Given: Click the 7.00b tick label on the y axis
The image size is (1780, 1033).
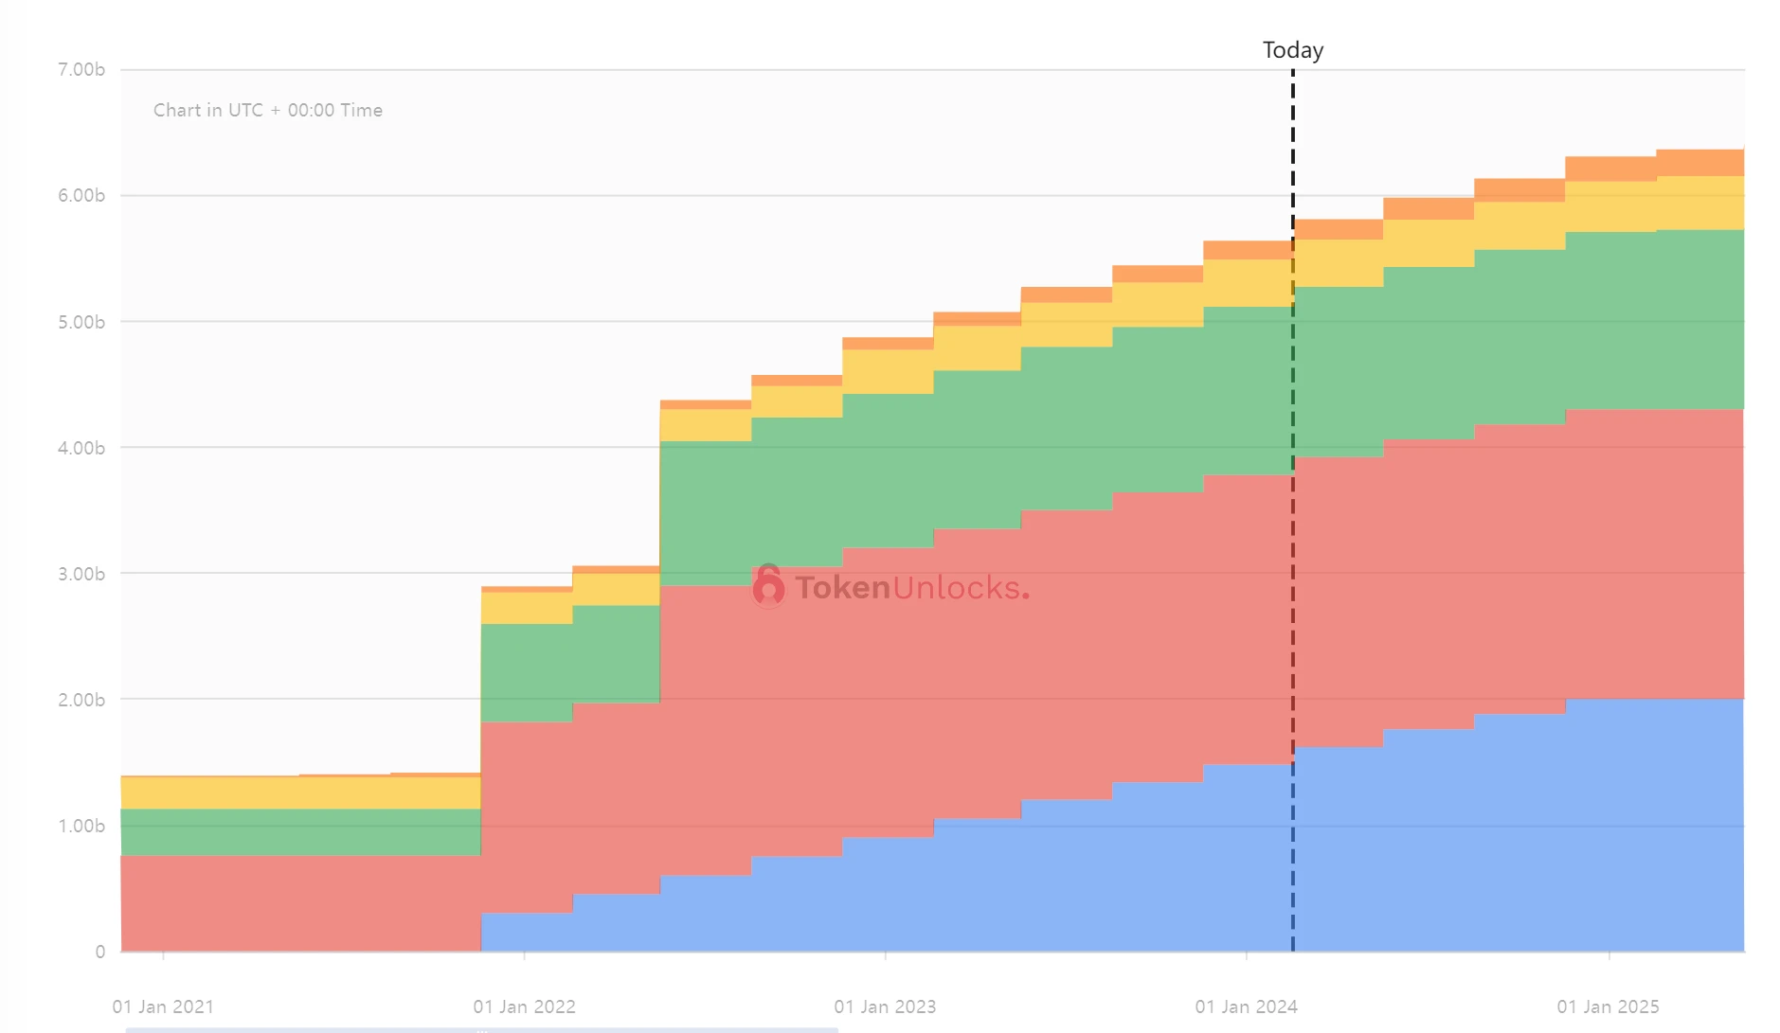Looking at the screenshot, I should tap(81, 69).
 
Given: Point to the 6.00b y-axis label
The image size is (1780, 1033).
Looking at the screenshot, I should tap(81, 195).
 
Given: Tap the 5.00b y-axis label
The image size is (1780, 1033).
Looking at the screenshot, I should tap(81, 322).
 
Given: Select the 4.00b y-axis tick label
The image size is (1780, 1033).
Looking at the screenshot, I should tap(81, 448).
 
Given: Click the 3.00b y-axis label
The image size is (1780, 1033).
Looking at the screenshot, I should tap(81, 574).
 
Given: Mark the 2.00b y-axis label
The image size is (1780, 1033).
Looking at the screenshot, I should tap(81, 700).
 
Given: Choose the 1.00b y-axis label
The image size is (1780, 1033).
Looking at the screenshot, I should tap(81, 826).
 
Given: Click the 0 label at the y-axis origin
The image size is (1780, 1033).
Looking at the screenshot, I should tap(99, 952).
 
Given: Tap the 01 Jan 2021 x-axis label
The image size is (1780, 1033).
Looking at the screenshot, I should tap(163, 1006).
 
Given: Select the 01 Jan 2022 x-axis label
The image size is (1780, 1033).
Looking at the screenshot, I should tap(524, 1006).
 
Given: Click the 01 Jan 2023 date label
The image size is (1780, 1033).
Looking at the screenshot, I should tap(885, 1006).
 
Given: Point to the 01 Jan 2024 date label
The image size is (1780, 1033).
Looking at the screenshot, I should tap(1246, 1006).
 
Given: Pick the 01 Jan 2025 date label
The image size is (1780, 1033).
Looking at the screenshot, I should tap(1608, 1006).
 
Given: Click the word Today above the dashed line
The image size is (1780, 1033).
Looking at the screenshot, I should tap(1292, 50).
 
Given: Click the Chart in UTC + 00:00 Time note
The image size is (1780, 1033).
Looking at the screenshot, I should tap(268, 110).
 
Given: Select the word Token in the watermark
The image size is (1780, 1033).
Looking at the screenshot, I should tap(842, 588).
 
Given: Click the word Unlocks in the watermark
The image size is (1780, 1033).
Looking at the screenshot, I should tap(957, 588).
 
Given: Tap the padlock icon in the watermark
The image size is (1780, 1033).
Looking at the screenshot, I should tap(768, 586).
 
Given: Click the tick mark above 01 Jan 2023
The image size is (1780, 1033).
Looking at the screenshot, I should tap(885, 956).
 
